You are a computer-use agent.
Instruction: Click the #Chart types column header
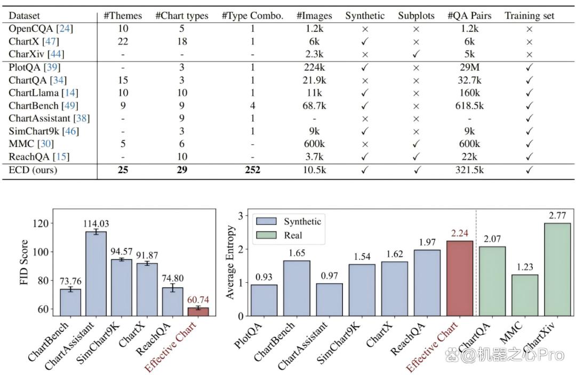[x=182, y=16]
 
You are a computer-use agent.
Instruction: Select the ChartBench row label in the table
[x=34, y=105]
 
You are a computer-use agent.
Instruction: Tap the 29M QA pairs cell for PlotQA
[x=469, y=68]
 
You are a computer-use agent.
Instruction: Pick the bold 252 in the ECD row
[x=252, y=170]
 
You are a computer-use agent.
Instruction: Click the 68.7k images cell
[x=314, y=105]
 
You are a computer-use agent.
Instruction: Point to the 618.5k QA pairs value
[x=469, y=105]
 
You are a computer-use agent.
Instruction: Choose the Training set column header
[x=530, y=16]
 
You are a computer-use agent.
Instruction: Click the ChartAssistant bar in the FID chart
[x=96, y=274]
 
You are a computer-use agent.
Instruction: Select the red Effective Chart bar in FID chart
[x=198, y=312]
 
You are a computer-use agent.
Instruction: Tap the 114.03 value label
[x=96, y=224]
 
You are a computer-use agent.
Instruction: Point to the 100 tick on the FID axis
[x=41, y=252]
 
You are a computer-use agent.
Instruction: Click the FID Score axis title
[x=24, y=262]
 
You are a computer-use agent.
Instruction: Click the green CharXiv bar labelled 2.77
[x=557, y=270]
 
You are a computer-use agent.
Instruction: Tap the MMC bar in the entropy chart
[x=525, y=296]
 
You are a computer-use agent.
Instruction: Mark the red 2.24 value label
[x=460, y=233]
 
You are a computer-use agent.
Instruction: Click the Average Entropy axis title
[x=230, y=262]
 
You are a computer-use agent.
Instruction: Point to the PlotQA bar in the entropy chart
[x=264, y=300]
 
